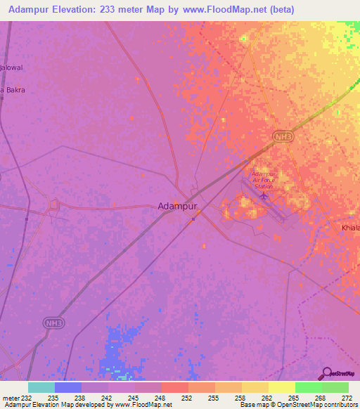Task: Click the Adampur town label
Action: [177, 206]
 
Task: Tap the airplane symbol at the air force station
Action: [264, 195]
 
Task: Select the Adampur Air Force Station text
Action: [264, 180]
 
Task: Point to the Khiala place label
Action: [350, 228]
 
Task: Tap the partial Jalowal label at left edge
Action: [12, 67]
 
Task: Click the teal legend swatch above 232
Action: [41, 387]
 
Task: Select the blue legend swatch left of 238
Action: [67, 387]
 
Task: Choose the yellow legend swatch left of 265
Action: [281, 387]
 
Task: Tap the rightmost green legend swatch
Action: [335, 387]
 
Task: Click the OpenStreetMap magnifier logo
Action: [326, 373]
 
